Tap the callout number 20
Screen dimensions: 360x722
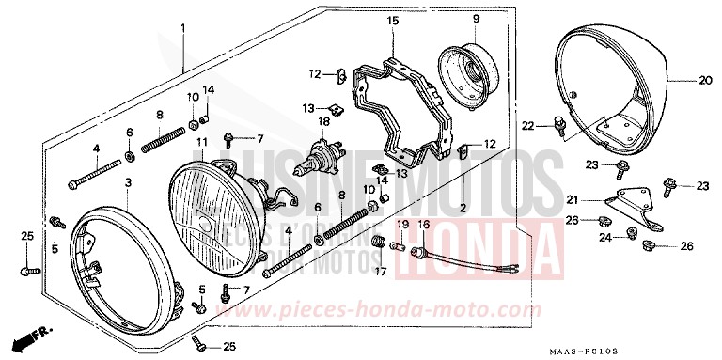click(703, 81)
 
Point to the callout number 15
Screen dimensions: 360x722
click(392, 21)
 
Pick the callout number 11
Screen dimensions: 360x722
click(201, 142)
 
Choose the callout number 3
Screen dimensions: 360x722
click(128, 181)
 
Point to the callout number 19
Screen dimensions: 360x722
click(400, 225)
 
